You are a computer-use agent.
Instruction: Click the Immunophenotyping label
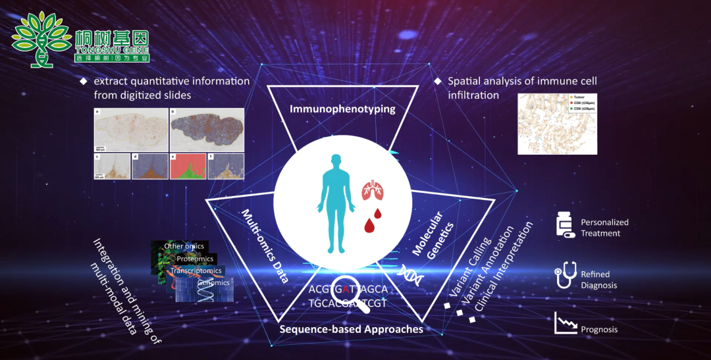[342, 109]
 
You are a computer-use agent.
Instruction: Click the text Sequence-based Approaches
[351, 328]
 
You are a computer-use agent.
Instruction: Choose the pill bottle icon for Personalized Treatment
[565, 224]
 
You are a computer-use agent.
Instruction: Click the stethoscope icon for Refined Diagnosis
[565, 277]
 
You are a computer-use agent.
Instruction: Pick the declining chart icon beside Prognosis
[565, 322]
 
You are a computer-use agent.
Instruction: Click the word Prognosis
[599, 329]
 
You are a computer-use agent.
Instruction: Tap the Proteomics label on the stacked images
[195, 259]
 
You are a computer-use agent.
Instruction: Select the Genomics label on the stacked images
[213, 282]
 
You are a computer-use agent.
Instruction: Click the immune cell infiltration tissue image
[557, 123]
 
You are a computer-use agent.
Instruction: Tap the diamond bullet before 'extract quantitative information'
[83, 81]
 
